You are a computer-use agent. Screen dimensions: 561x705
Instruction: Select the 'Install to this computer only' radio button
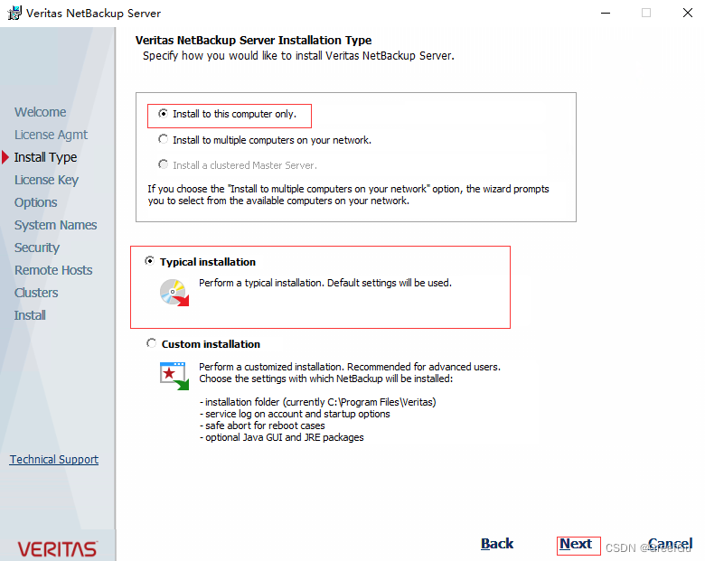point(163,115)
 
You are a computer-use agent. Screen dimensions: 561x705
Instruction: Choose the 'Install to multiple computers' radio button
point(163,140)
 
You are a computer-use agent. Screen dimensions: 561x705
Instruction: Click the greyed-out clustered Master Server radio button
point(163,165)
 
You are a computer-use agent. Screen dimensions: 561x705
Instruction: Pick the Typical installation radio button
point(150,262)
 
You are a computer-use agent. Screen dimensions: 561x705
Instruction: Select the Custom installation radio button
point(150,344)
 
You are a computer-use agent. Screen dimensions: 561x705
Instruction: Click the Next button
point(576,544)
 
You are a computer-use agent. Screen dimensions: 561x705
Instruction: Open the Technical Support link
point(54,460)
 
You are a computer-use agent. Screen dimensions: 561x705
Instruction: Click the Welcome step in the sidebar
point(40,112)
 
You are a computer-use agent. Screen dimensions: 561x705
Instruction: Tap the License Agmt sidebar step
point(51,135)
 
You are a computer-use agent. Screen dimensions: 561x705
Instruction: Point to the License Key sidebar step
point(46,180)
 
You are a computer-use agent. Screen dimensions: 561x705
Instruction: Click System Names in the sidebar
point(55,225)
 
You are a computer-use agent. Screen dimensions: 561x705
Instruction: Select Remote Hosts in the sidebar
point(53,270)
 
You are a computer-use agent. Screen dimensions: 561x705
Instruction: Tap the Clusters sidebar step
point(36,293)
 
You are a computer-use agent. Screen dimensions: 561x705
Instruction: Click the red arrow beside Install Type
point(5,157)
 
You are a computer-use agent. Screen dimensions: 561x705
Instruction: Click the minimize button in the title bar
point(603,14)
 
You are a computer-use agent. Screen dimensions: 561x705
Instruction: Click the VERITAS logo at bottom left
point(57,548)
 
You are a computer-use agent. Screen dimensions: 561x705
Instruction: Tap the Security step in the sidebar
point(37,248)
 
